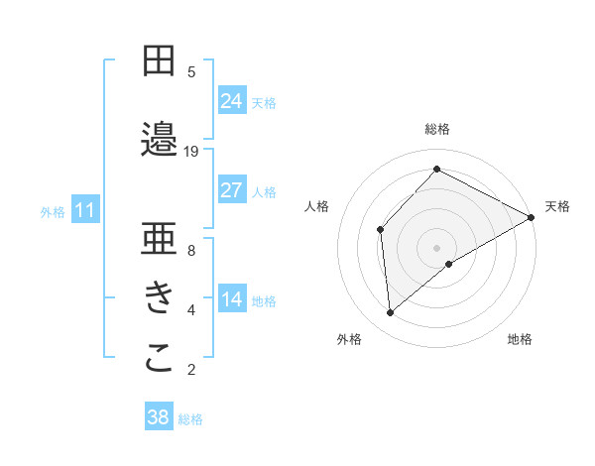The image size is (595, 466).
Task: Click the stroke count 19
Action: coord(191,152)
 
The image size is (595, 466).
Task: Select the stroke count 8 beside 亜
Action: coord(191,251)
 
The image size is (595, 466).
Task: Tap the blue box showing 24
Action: coord(232,101)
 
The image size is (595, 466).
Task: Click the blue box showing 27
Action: coord(232,190)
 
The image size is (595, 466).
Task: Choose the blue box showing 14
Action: coord(232,300)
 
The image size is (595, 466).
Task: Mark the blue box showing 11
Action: coord(85,210)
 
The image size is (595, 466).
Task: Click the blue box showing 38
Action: coord(159,417)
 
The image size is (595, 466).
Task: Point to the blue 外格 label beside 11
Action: coord(53,211)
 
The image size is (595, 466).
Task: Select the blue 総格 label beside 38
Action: coord(190,419)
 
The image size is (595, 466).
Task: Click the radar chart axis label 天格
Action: coord(557,206)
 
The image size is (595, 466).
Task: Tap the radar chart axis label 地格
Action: coord(520,339)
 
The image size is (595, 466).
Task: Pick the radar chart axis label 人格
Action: coord(316,206)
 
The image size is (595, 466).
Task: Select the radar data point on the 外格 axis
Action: coord(391,313)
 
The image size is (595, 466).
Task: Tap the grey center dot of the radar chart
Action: coord(436,247)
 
